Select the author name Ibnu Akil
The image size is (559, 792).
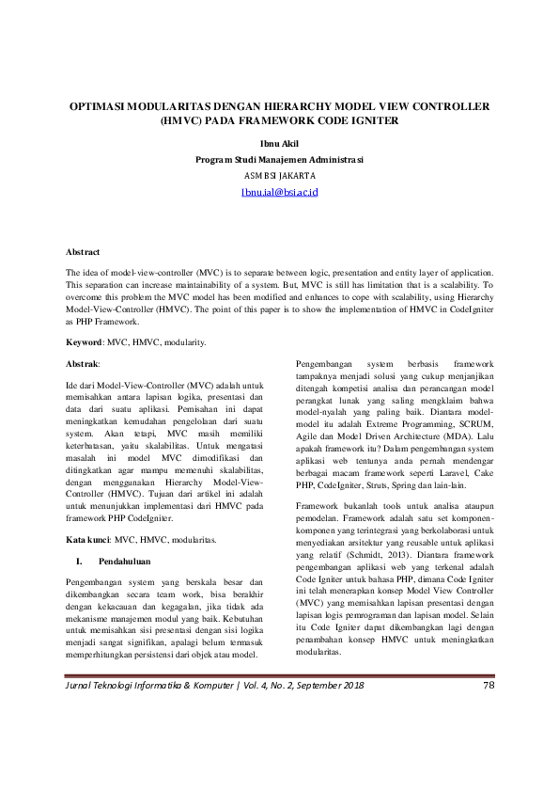coord(279,144)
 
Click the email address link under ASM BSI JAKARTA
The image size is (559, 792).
coord(279,191)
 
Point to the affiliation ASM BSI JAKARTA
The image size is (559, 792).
coord(279,176)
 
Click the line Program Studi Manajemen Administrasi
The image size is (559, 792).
coord(279,160)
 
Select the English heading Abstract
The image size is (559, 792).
coord(82,252)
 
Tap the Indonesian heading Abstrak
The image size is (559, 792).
coord(82,362)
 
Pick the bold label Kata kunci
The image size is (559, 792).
coord(87,541)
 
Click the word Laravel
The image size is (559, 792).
coord(443,472)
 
